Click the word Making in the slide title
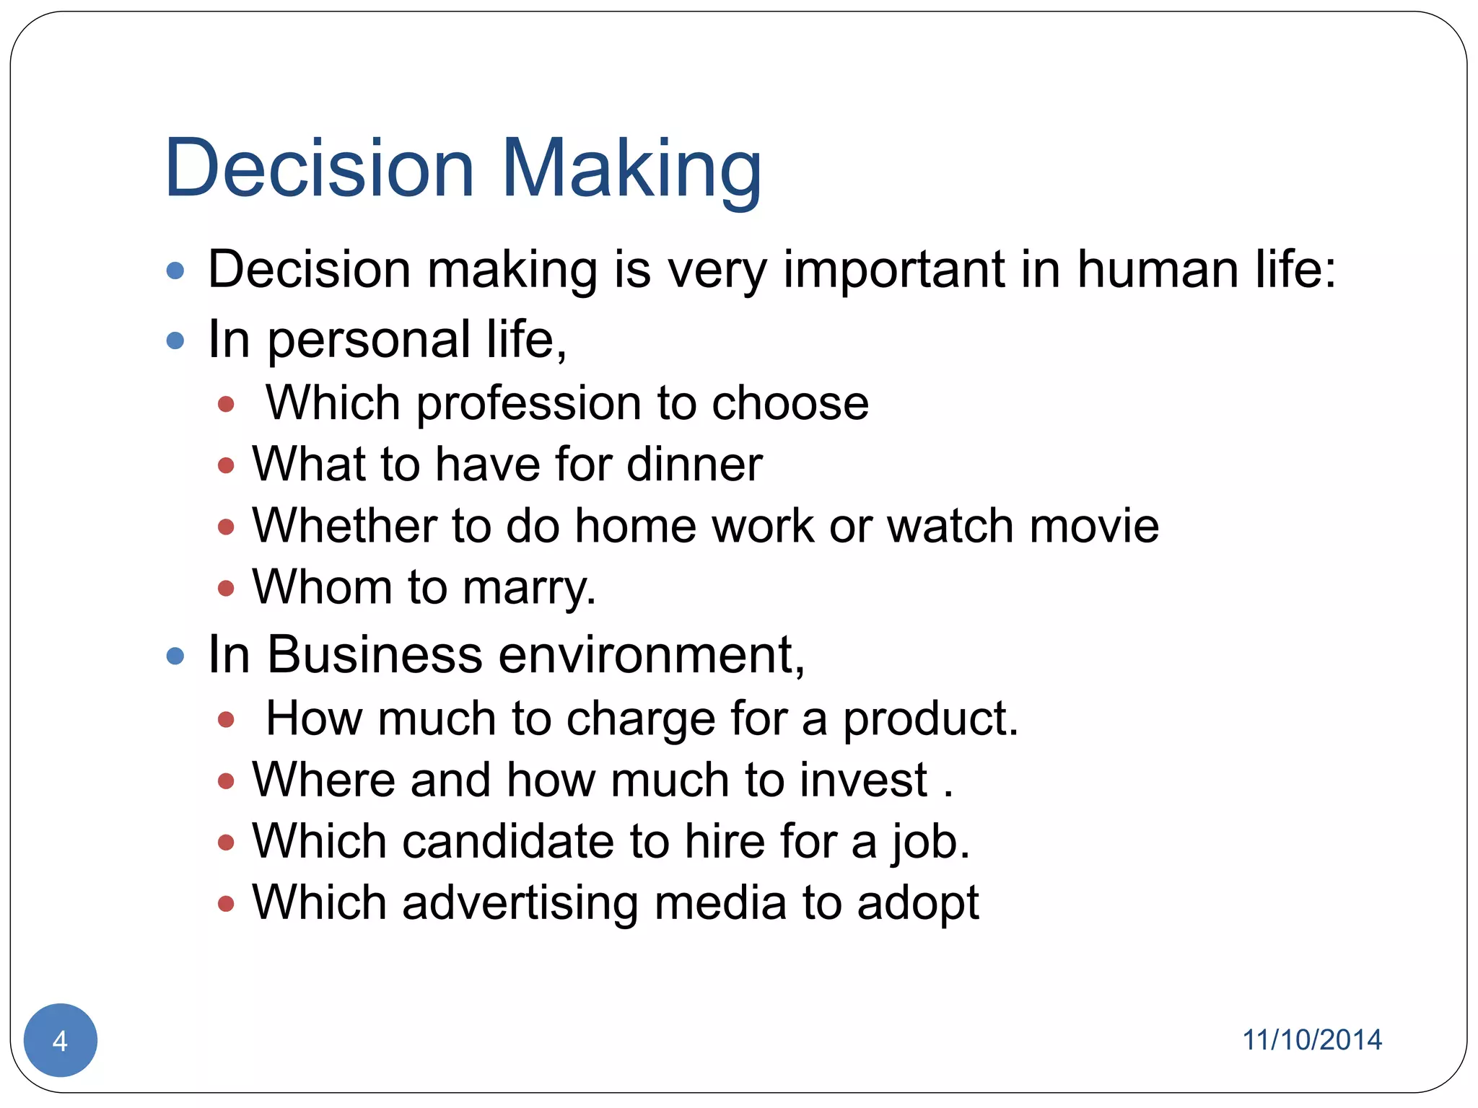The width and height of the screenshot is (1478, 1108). (631, 170)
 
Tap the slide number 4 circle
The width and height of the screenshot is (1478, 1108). (61, 1040)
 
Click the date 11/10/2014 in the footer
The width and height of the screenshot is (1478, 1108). (1311, 1040)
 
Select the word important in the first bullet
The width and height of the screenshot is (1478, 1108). (893, 270)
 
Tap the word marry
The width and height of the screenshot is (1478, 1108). (528, 587)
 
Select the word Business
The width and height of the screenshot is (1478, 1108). (375, 655)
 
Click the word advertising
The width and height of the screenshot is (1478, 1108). (520, 903)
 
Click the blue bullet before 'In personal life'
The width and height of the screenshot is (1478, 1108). (175, 340)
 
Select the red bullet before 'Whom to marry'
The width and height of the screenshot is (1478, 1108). (226, 589)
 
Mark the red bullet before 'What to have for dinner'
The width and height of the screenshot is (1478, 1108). (226, 465)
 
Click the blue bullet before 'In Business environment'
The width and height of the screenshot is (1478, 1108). (175, 656)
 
